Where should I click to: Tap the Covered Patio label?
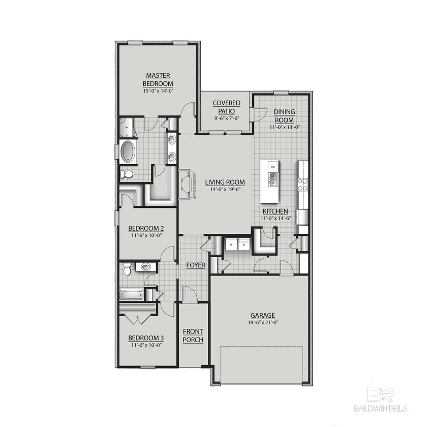point(226,107)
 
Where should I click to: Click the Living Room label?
point(225,182)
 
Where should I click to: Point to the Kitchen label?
point(275,211)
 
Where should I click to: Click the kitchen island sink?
point(272,179)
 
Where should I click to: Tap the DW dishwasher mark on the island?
point(272,167)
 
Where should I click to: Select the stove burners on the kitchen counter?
point(303,185)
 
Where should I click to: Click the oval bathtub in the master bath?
point(128,151)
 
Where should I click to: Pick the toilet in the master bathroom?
point(127,174)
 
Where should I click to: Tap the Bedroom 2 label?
point(146,228)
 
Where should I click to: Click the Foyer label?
point(195,265)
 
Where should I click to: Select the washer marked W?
point(231,245)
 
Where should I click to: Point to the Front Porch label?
point(193,336)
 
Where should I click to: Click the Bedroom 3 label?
point(146,338)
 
